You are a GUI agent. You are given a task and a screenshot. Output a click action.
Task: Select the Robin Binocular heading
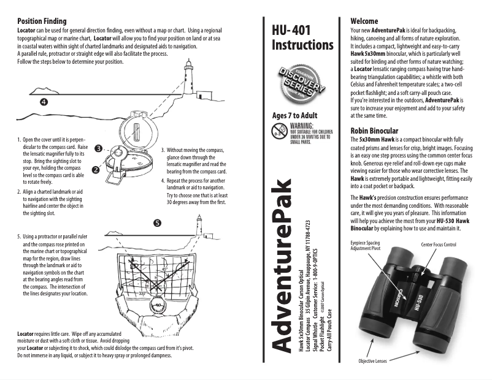coord(374,131)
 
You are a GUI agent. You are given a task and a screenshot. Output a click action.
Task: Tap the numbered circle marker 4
coord(44,101)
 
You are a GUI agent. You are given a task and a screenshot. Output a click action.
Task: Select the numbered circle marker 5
coord(158,223)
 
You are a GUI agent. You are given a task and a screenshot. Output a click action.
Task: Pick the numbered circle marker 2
coord(96,169)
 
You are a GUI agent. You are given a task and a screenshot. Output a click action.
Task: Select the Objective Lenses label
coord(374,362)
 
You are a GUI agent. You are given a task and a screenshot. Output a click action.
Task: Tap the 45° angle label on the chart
coord(164,270)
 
